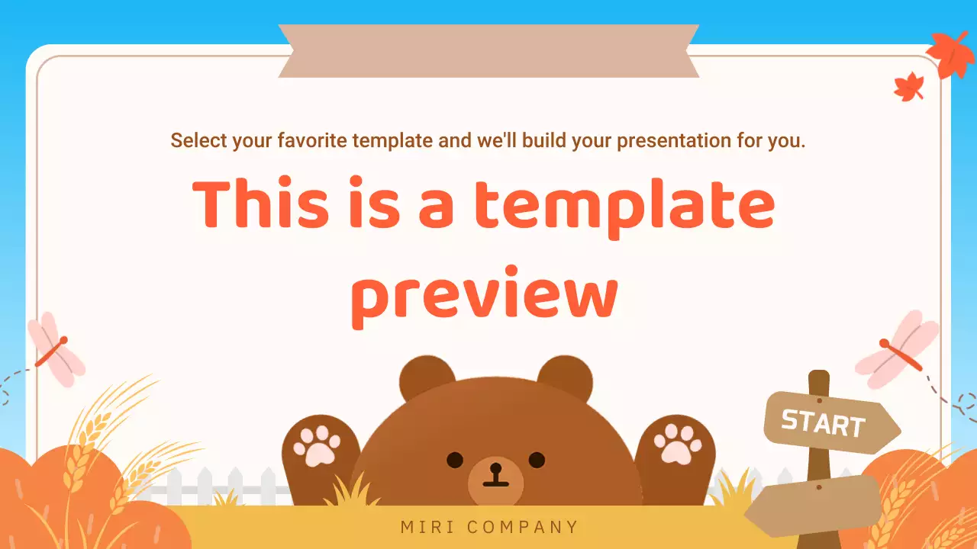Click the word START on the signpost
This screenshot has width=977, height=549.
823,423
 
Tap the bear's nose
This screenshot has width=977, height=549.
495,472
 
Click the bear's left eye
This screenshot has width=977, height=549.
455,460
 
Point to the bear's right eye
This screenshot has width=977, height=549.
537,460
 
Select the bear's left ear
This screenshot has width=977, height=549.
427,379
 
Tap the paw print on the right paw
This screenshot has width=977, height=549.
676,444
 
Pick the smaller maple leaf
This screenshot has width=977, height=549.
909,87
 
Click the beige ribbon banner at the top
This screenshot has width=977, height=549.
488,50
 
